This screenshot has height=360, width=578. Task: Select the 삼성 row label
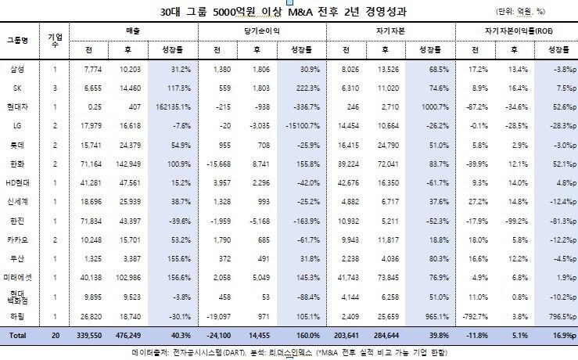click(x=16, y=70)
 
